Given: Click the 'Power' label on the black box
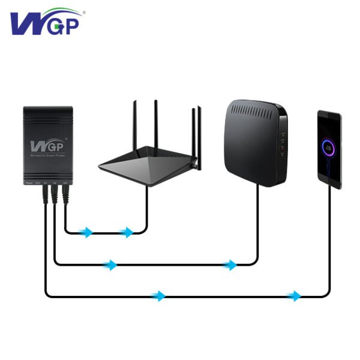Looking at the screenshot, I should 29,182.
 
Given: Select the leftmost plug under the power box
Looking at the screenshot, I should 45,193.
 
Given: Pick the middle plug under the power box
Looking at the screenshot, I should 55,193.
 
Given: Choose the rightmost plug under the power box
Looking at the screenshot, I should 65,193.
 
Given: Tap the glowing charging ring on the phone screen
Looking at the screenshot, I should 329,146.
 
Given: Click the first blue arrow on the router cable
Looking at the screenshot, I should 88,232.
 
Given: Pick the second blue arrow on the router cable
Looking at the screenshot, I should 127,232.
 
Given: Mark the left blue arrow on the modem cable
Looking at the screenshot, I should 110,265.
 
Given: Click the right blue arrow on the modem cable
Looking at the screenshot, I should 231,265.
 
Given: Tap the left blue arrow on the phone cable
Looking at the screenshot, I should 159,295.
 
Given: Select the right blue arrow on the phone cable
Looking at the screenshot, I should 294,295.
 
